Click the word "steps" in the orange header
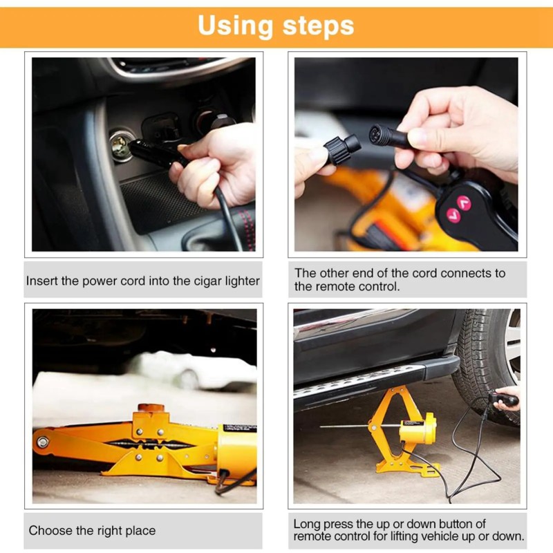(x=318, y=26)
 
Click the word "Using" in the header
(x=236, y=26)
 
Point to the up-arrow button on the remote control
(x=464, y=203)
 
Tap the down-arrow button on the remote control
(x=453, y=215)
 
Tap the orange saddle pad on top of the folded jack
(x=151, y=408)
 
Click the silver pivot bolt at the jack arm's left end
(x=43, y=442)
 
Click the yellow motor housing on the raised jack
(x=418, y=430)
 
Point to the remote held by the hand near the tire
(x=503, y=399)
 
